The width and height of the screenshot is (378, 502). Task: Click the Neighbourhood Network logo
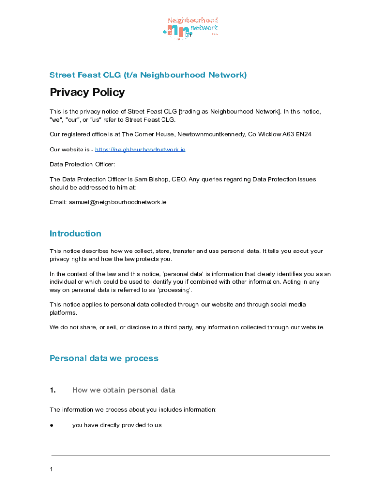190,28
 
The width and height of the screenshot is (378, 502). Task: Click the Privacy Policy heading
87,92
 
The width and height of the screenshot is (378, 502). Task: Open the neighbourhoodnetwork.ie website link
140,149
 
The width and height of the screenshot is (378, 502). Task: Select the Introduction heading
75,233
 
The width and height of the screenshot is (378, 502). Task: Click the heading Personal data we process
104,358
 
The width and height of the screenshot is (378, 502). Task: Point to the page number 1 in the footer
51,470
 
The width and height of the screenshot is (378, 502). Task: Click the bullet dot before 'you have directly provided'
51,425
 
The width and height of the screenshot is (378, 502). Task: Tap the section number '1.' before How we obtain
53,390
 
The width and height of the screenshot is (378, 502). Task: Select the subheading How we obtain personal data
124,390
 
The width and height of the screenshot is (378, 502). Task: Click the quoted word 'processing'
176,290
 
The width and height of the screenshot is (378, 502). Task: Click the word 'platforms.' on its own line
63,312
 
